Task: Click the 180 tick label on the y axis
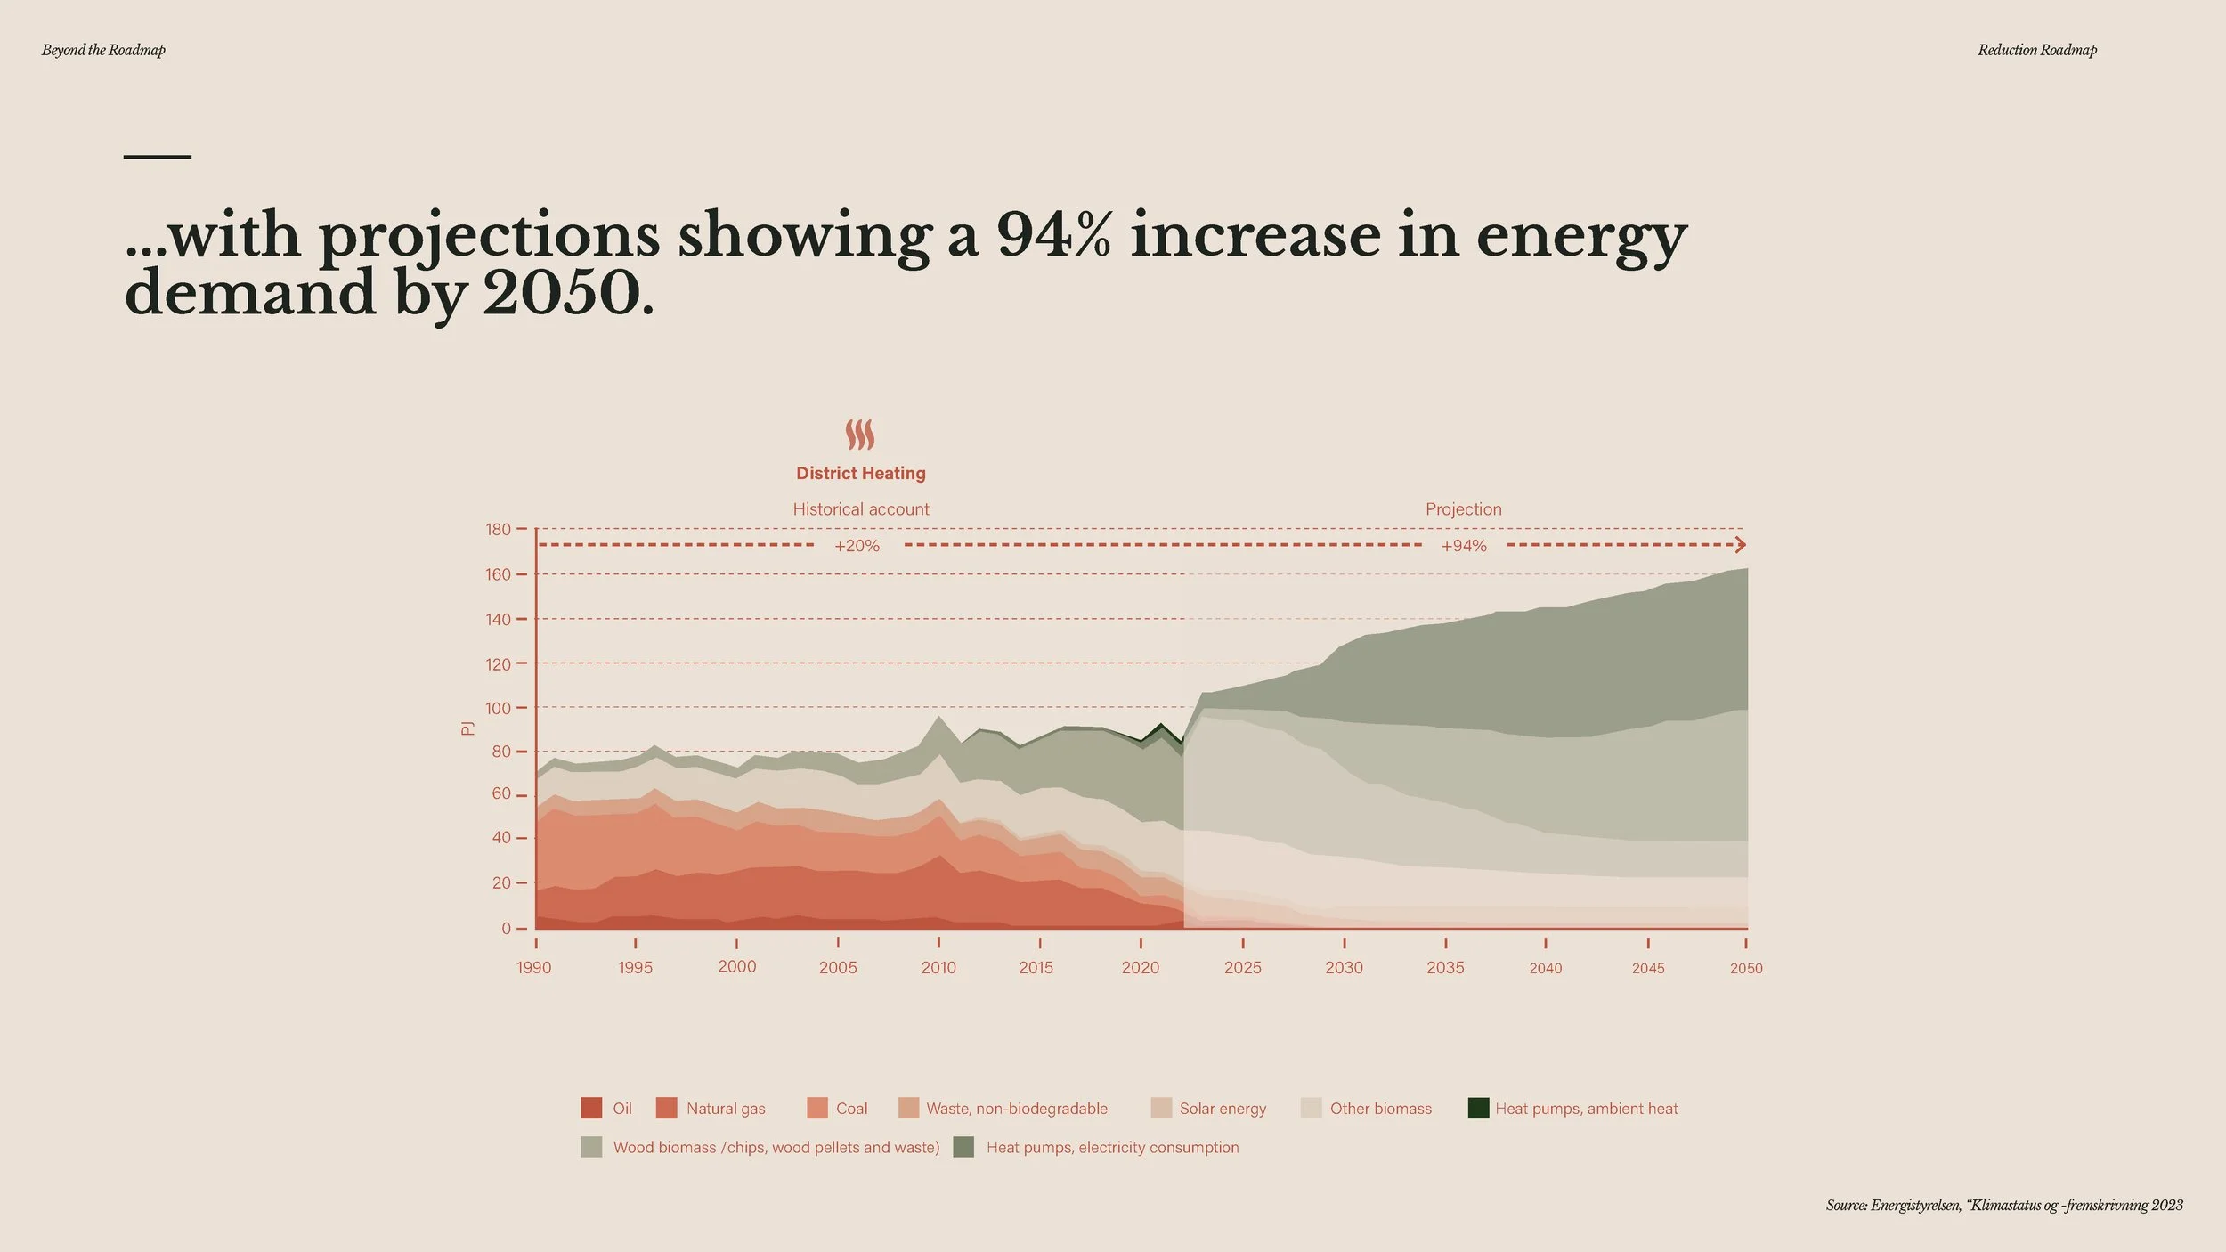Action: [x=498, y=530]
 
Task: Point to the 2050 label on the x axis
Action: [x=1746, y=968]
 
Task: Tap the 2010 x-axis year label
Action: [x=938, y=968]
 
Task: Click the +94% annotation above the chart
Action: [x=1464, y=546]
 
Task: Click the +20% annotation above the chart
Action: [x=857, y=546]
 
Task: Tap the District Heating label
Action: [x=861, y=474]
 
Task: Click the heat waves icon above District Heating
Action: [x=860, y=435]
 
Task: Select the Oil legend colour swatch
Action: [x=591, y=1108]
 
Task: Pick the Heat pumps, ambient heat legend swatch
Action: [x=1478, y=1108]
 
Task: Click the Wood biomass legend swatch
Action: [x=591, y=1147]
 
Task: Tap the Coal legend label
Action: [x=851, y=1109]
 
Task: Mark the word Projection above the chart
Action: [x=1464, y=509]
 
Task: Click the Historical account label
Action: [x=861, y=509]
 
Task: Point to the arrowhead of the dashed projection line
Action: [x=1742, y=545]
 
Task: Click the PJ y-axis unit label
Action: [x=467, y=728]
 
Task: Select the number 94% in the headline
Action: [x=1054, y=236]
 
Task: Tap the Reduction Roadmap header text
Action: [x=2037, y=50]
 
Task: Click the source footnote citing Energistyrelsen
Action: [x=2004, y=1206]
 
